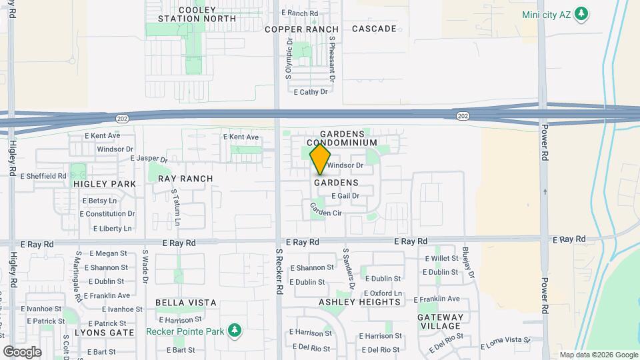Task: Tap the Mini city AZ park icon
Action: pyautogui.click(x=581, y=13)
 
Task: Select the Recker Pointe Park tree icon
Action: pyautogui.click(x=234, y=330)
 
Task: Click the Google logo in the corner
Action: pyautogui.click(x=22, y=351)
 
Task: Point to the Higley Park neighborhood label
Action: pyautogui.click(x=105, y=183)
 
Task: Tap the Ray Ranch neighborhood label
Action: pyautogui.click(x=185, y=179)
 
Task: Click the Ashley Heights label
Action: pyautogui.click(x=360, y=302)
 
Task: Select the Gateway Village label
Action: pyautogui.click(x=440, y=321)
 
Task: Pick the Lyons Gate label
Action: pyautogui.click(x=104, y=332)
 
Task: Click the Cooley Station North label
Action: pyautogui.click(x=197, y=13)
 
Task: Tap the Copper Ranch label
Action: pyautogui.click(x=301, y=29)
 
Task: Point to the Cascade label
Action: pyautogui.click(x=374, y=29)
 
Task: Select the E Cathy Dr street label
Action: pyautogui.click(x=311, y=92)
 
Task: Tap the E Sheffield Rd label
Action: pyautogui.click(x=43, y=176)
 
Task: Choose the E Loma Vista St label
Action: pyautogui.click(x=505, y=342)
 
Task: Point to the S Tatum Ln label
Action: pyautogui.click(x=176, y=207)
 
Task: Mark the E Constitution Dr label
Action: pyautogui.click(x=107, y=214)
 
